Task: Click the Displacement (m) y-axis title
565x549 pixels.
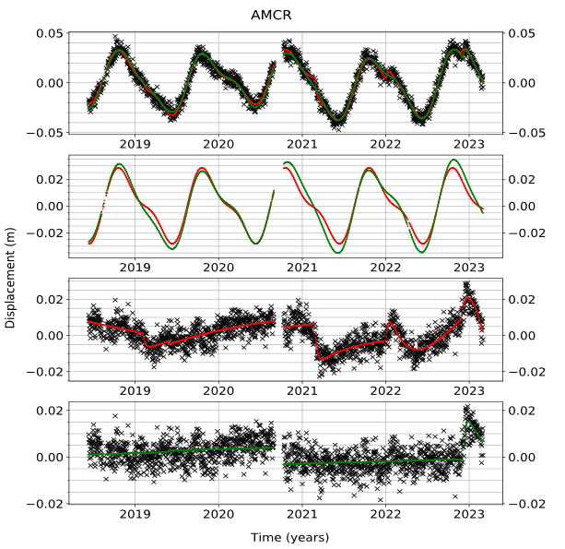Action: tap(10, 276)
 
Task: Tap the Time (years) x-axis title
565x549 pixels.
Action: tap(289, 537)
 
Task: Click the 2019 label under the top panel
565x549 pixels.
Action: tap(135, 144)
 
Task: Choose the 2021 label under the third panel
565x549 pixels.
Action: tap(302, 390)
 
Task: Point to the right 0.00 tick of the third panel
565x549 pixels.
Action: tap(520, 335)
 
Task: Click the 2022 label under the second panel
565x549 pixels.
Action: tap(385, 268)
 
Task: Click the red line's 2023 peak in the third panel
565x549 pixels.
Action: tap(469, 299)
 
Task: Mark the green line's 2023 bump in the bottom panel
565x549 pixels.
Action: tap(470, 424)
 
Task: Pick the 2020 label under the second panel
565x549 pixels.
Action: tap(218, 268)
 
